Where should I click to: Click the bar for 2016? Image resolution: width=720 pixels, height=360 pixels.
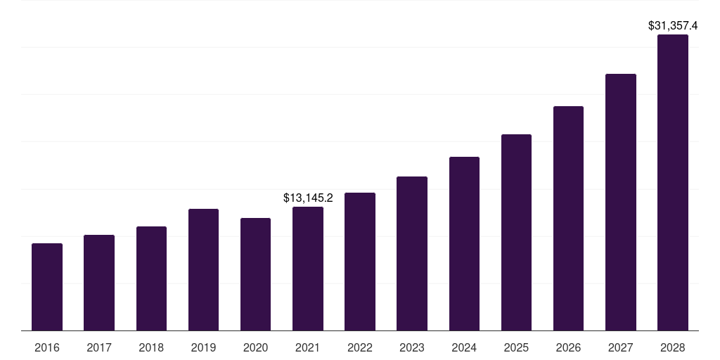[x=47, y=287]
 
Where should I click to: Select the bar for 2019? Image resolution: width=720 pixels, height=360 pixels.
[x=203, y=270]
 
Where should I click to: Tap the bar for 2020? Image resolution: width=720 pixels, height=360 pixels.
[x=255, y=274]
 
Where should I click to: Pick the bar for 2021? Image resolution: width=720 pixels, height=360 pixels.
[x=308, y=269]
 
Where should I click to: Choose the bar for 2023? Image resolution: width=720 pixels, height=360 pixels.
[x=412, y=254]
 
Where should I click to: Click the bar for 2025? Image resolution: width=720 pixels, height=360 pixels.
[x=516, y=233]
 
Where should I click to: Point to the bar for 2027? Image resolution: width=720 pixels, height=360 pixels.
[x=620, y=202]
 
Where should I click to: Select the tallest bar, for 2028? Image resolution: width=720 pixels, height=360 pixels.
[x=673, y=183]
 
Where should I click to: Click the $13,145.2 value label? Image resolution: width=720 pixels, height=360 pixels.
[x=308, y=198]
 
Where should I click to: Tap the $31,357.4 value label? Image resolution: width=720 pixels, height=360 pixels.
[x=673, y=26]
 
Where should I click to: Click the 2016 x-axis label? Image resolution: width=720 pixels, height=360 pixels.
[x=47, y=348]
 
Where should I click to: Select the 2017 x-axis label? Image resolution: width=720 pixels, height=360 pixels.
[x=99, y=348]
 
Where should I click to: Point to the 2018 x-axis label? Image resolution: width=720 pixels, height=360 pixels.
[x=151, y=348]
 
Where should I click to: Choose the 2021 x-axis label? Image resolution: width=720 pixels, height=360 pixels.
[x=308, y=348]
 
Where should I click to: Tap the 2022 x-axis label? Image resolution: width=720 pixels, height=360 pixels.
[x=360, y=348]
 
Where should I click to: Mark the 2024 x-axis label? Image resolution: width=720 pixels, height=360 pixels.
[x=464, y=348]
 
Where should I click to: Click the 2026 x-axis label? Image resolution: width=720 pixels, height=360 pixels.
[x=568, y=348]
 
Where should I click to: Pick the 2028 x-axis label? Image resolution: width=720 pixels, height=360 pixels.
[x=673, y=348]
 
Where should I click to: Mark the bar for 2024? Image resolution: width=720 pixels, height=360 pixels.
[x=464, y=244]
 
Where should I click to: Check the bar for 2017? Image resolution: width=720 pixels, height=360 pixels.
[x=99, y=283]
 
